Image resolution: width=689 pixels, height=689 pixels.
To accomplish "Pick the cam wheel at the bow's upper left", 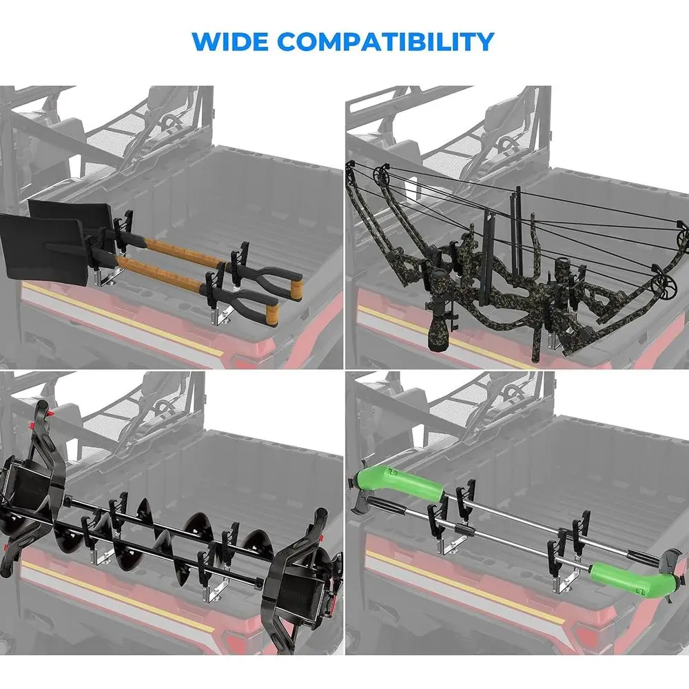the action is pyautogui.click(x=382, y=174).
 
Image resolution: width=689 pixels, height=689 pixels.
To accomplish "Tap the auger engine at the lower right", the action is pyautogui.click(x=303, y=589).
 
